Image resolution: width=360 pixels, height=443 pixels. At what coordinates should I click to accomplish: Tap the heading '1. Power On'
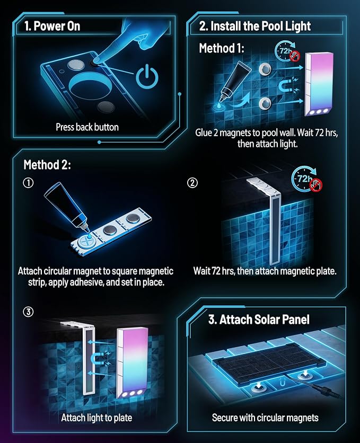click(52, 26)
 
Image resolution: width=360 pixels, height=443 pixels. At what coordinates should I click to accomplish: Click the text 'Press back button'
click(87, 127)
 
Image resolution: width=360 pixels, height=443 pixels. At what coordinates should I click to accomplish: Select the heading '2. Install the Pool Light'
click(255, 26)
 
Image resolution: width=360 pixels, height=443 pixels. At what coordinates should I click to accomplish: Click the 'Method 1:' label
click(222, 48)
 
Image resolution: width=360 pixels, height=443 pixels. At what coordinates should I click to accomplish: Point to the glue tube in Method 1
click(235, 81)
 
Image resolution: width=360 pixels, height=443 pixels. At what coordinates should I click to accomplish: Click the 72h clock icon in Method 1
click(286, 51)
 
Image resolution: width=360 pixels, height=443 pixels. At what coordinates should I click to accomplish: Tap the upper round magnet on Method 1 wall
click(265, 69)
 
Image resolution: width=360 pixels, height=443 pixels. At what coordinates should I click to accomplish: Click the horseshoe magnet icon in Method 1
click(285, 86)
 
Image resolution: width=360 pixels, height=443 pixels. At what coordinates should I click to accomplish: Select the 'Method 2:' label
click(47, 164)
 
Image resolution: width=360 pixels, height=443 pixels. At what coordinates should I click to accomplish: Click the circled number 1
click(28, 182)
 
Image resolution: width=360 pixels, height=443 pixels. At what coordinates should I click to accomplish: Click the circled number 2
click(192, 182)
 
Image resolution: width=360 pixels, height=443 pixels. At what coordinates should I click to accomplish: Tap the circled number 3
click(28, 312)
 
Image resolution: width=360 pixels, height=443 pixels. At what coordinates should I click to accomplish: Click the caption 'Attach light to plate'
click(96, 418)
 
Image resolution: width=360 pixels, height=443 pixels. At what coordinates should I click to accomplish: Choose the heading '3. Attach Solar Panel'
click(259, 319)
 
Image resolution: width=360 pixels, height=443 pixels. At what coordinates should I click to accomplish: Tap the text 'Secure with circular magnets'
click(265, 418)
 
